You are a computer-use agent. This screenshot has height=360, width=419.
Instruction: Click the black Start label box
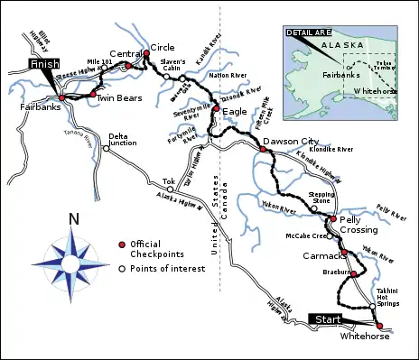(x=327, y=319)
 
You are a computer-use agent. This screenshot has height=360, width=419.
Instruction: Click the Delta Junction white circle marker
(x=107, y=148)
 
